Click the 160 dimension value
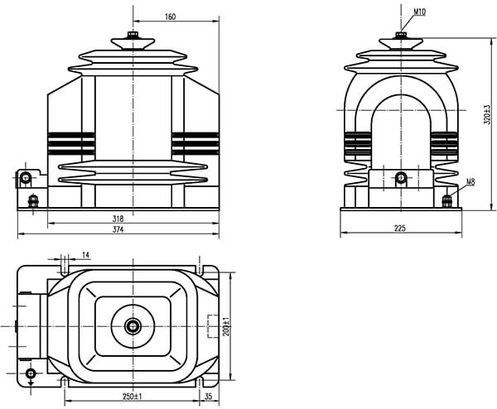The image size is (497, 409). pyautogui.click(x=170, y=17)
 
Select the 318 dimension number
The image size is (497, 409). pyautogui.click(x=118, y=219)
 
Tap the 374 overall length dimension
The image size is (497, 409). pyautogui.click(x=118, y=229)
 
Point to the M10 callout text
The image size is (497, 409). pyautogui.click(x=420, y=12)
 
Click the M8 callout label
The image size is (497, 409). pyautogui.click(x=470, y=182)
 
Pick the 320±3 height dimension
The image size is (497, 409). pyautogui.click(x=488, y=115)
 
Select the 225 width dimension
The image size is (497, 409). pyautogui.click(x=400, y=229)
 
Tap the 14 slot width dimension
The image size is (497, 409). pyautogui.click(x=86, y=255)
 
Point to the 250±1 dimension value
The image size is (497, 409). pyautogui.click(x=133, y=397)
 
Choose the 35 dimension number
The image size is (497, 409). pyautogui.click(x=208, y=397)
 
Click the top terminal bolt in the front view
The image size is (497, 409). pyautogui.click(x=133, y=35)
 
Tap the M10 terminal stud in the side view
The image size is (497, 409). pyautogui.click(x=401, y=35)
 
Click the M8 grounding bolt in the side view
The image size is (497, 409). pyautogui.click(x=447, y=201)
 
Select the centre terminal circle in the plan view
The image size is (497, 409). pyautogui.click(x=133, y=326)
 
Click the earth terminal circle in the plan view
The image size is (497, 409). pyautogui.click(x=31, y=373)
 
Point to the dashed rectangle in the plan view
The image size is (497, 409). pyautogui.click(x=213, y=326)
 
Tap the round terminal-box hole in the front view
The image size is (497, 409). pyautogui.click(x=26, y=177)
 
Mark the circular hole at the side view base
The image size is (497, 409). pyautogui.click(x=401, y=177)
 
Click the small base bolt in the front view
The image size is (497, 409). pyautogui.click(x=33, y=201)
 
